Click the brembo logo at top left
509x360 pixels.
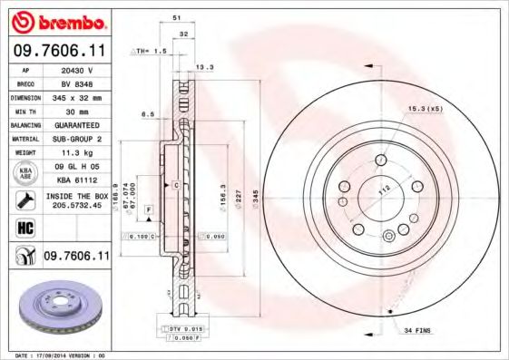click(x=58, y=21)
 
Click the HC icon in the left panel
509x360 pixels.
click(x=26, y=228)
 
